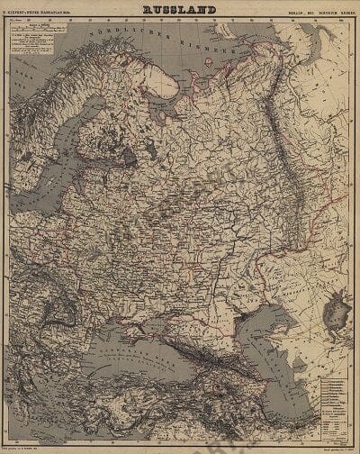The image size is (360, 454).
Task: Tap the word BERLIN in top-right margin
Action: [x=293, y=11]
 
